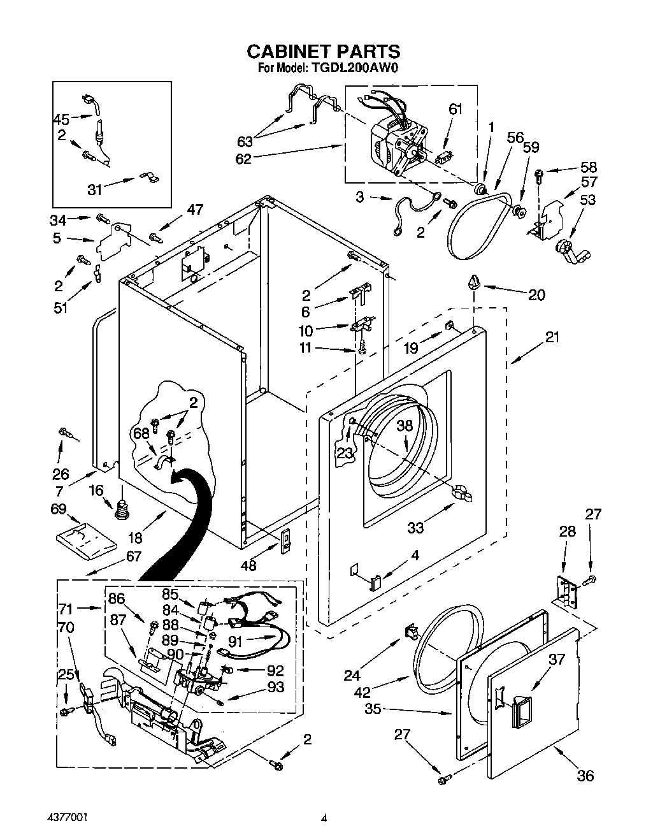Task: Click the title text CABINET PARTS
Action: (x=323, y=51)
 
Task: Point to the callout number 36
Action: (x=585, y=776)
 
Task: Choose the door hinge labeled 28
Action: (x=565, y=592)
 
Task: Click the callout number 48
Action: (x=249, y=565)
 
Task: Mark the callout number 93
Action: (x=276, y=688)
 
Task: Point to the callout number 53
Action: (x=587, y=199)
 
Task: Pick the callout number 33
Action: (x=415, y=527)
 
